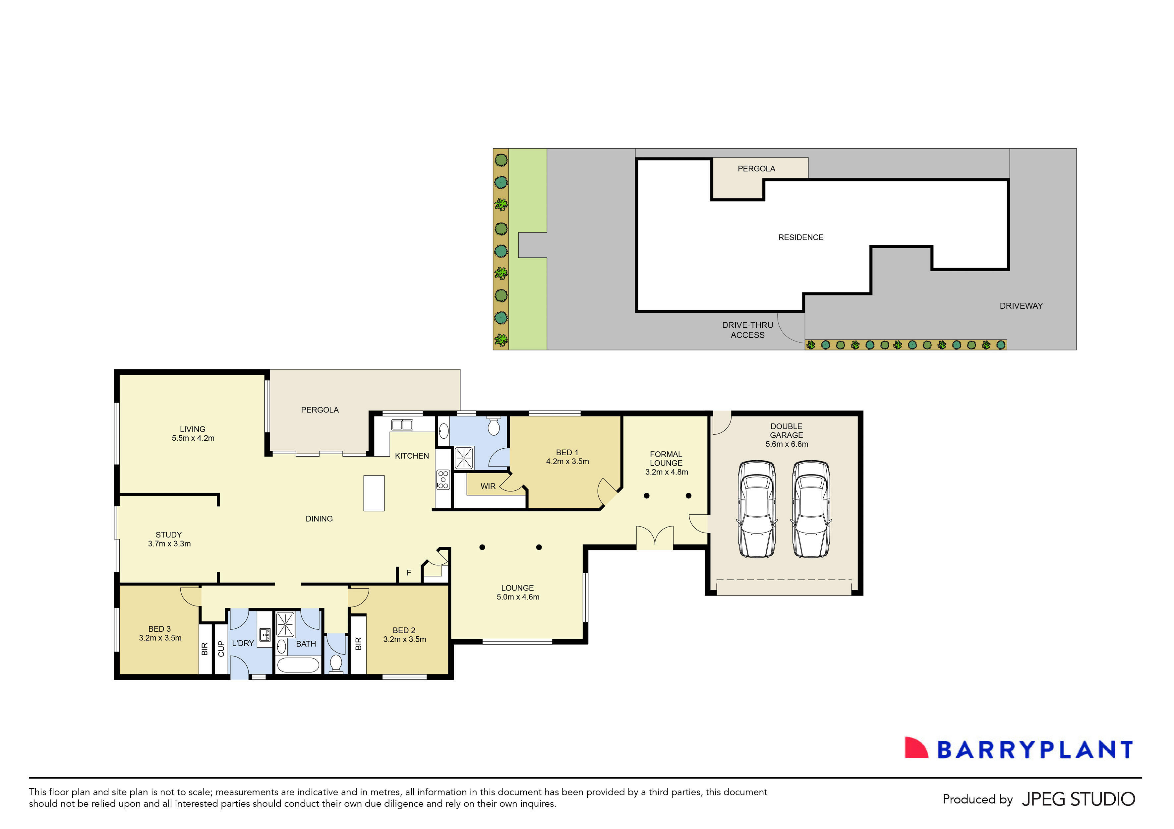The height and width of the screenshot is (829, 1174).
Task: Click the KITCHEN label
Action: pyautogui.click(x=412, y=456)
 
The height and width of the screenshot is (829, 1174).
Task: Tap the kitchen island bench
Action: pyautogui.click(x=374, y=493)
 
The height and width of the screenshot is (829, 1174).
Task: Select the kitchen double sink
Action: pyautogui.click(x=402, y=424)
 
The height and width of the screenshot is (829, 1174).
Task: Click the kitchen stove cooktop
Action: pyautogui.click(x=443, y=480)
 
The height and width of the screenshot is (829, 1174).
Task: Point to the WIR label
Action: pyautogui.click(x=488, y=486)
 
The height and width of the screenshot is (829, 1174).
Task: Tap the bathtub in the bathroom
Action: pyautogui.click(x=298, y=665)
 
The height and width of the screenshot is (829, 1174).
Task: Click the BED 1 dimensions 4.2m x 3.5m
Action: pyautogui.click(x=567, y=461)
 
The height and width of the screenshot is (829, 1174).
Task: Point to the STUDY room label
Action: pyautogui.click(x=169, y=535)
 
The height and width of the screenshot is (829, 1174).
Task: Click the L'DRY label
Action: pyautogui.click(x=243, y=643)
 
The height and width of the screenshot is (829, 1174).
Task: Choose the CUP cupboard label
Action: pyautogui.click(x=221, y=649)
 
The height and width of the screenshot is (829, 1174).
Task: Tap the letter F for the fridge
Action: pyautogui.click(x=409, y=573)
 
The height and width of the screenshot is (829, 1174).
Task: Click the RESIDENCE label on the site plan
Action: pyautogui.click(x=801, y=237)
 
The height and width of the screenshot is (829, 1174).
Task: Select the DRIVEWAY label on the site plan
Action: pyautogui.click(x=1021, y=306)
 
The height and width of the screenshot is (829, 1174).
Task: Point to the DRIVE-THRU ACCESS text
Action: pyautogui.click(x=747, y=330)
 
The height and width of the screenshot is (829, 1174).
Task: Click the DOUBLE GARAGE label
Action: pyautogui.click(x=787, y=431)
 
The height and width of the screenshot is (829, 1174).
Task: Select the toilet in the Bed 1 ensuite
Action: pyautogui.click(x=494, y=426)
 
